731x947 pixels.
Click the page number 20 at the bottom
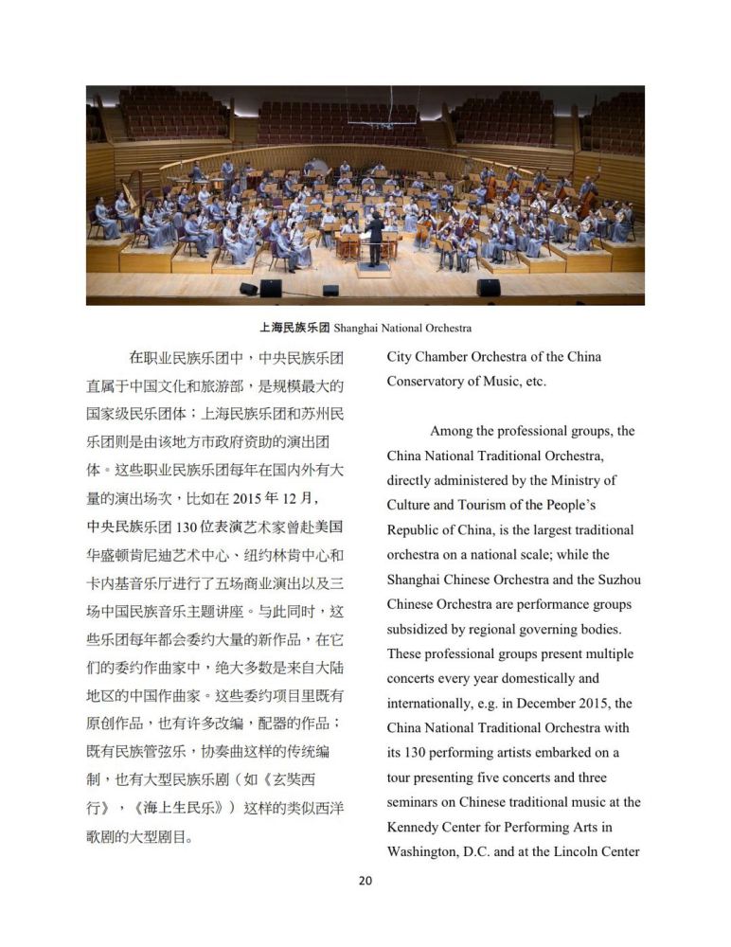(365, 881)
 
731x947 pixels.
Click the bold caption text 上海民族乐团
(294, 329)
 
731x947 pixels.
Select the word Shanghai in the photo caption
(357, 329)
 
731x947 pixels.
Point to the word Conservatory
(428, 382)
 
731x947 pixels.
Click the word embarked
(574, 753)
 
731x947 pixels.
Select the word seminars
(415, 802)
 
